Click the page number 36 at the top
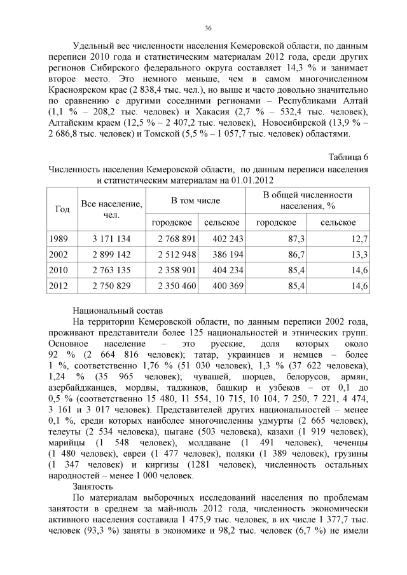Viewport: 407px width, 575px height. pos(208,28)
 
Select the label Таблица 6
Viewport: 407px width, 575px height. pos(348,157)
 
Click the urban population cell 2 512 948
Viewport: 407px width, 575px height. pos(171,254)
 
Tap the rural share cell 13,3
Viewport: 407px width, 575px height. pos(359,254)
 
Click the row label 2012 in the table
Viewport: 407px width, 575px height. pos(59,286)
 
